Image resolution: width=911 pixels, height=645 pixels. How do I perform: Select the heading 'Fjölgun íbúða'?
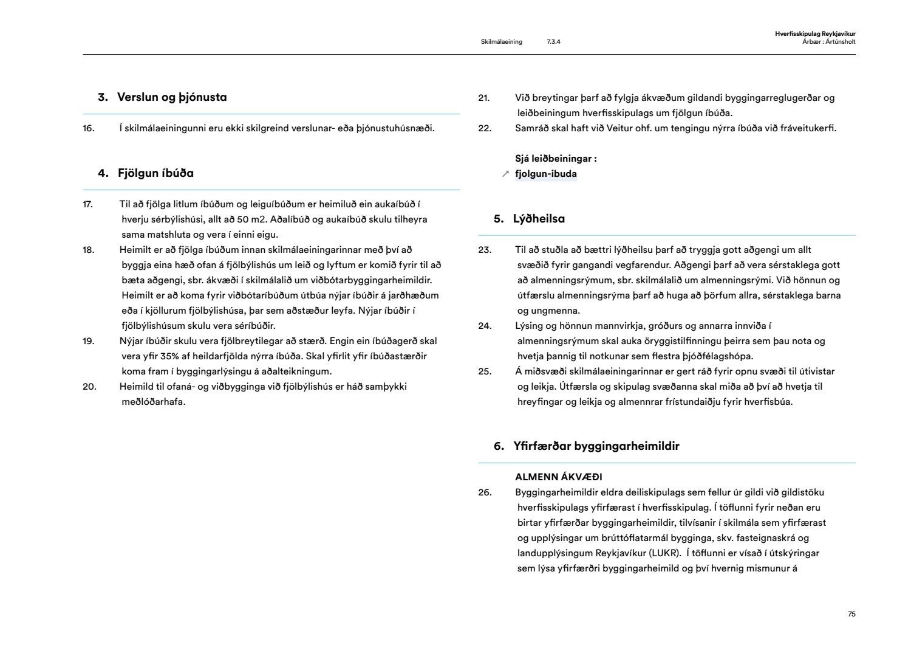(x=155, y=173)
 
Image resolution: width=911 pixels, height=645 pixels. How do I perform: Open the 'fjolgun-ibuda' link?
(x=546, y=174)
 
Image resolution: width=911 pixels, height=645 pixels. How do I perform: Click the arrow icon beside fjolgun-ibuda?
(x=505, y=174)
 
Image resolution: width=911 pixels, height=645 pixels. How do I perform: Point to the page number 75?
(x=851, y=614)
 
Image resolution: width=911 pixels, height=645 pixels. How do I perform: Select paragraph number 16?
(x=89, y=128)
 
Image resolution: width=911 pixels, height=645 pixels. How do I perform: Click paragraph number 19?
(x=89, y=341)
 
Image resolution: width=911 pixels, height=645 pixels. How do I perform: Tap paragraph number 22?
(x=484, y=128)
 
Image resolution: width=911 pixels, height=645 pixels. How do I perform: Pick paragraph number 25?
(x=484, y=371)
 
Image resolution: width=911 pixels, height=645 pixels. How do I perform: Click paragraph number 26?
(x=484, y=492)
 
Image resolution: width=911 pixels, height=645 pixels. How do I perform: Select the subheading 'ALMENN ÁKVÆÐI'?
(x=559, y=477)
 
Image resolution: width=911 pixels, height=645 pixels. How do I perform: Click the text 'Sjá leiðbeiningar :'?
(x=556, y=159)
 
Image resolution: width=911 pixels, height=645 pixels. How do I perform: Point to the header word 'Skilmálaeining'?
(x=501, y=42)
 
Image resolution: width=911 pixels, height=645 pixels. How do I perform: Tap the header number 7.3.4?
(x=553, y=42)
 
